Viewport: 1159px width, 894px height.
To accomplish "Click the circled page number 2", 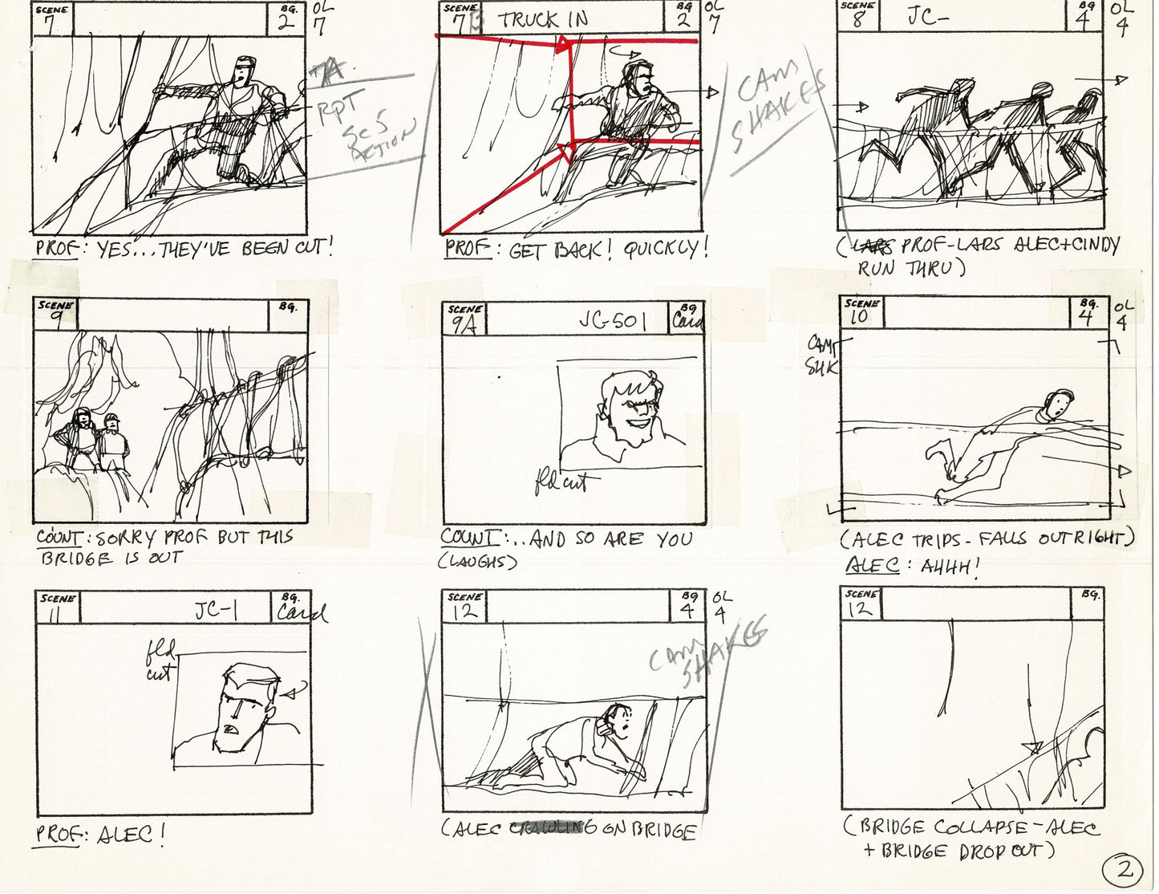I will [1125, 869].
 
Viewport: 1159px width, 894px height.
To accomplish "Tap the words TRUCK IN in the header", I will [544, 19].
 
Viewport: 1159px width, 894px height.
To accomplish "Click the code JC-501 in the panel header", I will [612, 321].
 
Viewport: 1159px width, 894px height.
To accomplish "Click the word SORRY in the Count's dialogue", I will [127, 538].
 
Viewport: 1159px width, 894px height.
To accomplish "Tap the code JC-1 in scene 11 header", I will [216, 612].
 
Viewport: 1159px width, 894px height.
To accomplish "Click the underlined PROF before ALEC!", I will [57, 835].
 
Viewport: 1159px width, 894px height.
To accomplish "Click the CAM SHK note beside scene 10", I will [821, 356].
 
